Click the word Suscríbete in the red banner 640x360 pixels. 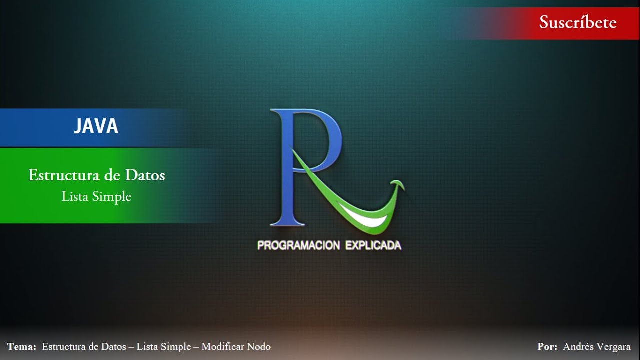578,22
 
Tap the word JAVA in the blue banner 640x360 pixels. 96,127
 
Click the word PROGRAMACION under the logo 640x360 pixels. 298,245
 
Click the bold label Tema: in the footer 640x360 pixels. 22,347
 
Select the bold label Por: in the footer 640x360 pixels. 547,347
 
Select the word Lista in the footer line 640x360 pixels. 147,347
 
